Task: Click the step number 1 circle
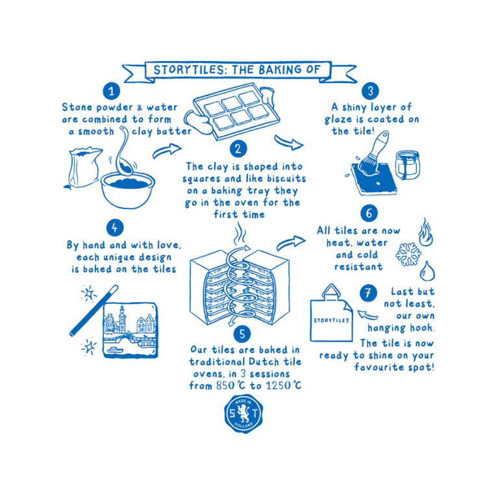click(x=114, y=91)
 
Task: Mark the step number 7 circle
click(x=369, y=293)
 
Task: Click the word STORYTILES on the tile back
click(x=331, y=319)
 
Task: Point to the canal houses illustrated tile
click(x=130, y=329)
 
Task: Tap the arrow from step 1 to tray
click(x=164, y=152)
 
